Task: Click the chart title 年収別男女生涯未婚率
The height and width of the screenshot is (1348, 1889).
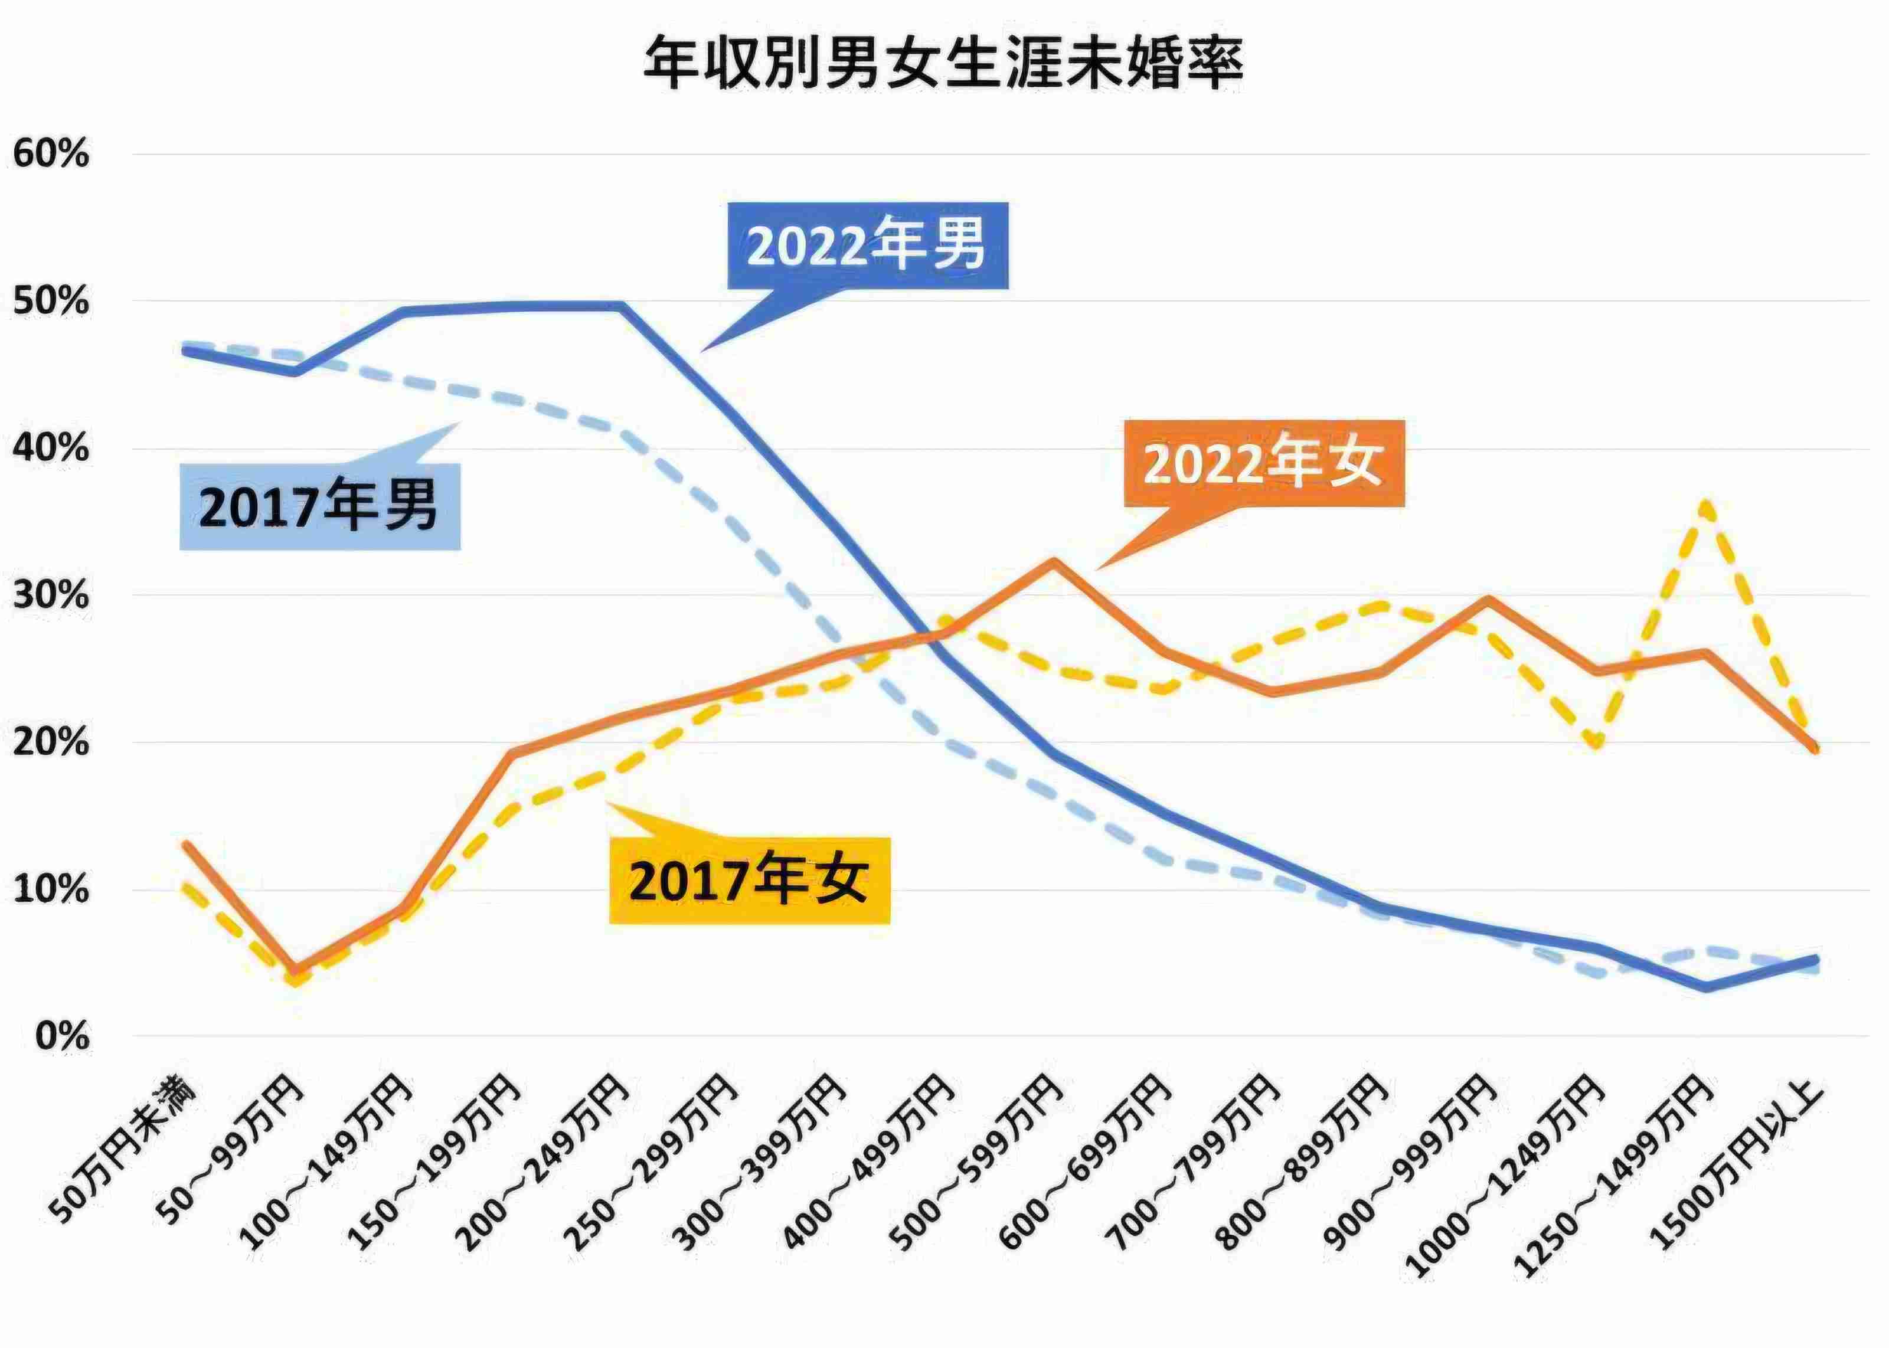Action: click(x=944, y=64)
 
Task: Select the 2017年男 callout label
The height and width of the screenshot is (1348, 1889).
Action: click(x=319, y=506)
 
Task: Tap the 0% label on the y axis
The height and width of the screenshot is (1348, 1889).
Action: click(x=62, y=1036)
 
